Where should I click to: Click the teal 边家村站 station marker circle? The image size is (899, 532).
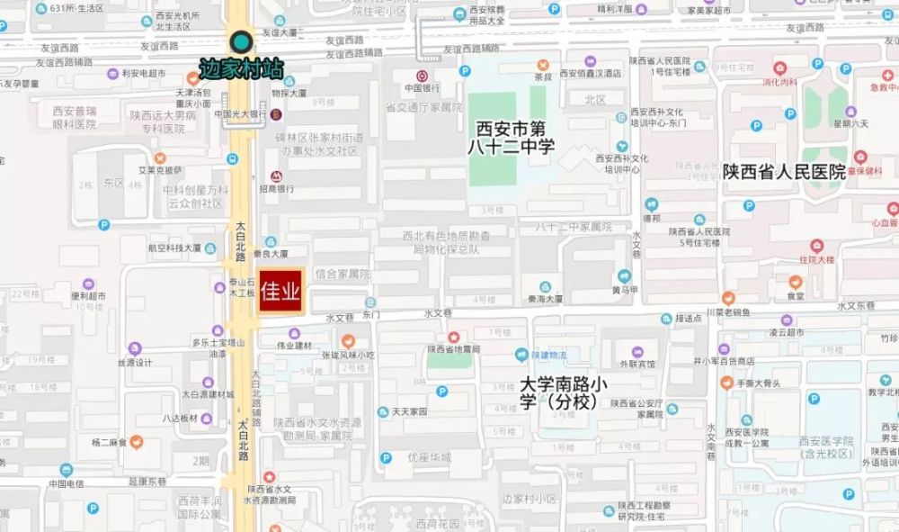(x=240, y=41)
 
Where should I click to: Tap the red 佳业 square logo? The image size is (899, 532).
(x=280, y=291)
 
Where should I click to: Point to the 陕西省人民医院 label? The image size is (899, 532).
(x=784, y=172)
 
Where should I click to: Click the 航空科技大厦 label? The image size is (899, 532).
(x=175, y=248)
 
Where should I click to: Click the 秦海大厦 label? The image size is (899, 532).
(x=545, y=298)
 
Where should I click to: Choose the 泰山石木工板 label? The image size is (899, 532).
(x=244, y=286)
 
